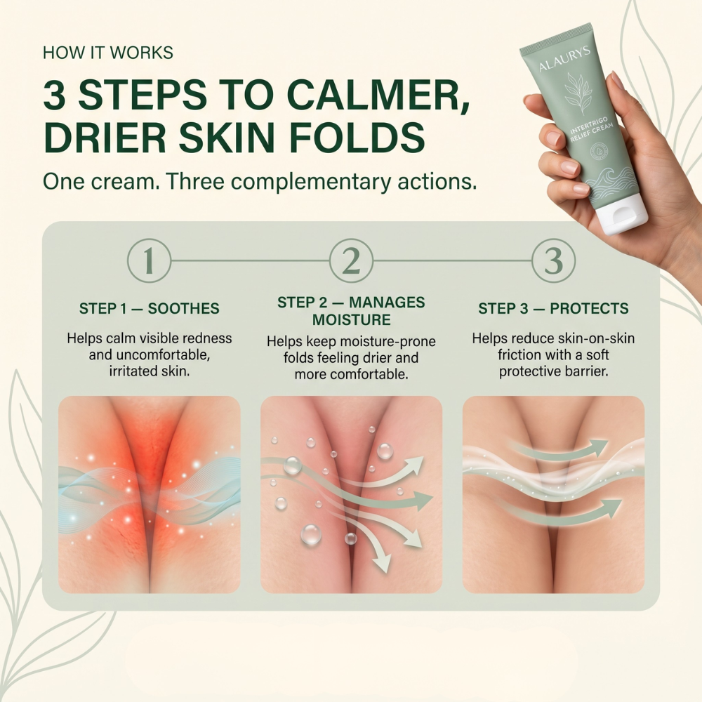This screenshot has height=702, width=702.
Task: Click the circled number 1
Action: (x=149, y=260)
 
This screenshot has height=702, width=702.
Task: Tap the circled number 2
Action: (x=351, y=260)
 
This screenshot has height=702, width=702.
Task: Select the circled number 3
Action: (x=553, y=260)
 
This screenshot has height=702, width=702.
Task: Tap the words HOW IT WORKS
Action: (x=108, y=53)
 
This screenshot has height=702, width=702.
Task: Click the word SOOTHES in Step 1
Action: (x=183, y=308)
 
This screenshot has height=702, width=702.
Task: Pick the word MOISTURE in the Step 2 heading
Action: (x=352, y=319)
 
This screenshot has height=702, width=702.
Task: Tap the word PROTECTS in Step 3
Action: (x=589, y=308)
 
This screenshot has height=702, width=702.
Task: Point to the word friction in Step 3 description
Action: (x=519, y=355)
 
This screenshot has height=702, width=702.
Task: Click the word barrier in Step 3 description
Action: (x=585, y=371)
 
